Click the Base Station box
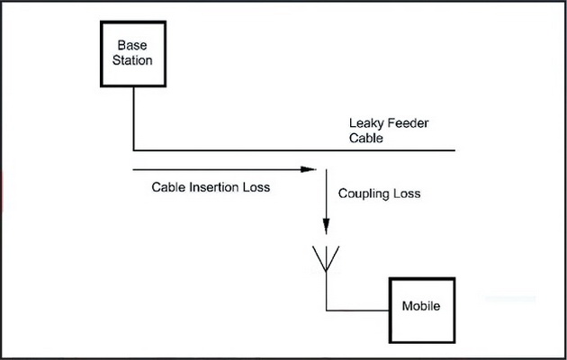[134, 53]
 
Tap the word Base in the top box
[134, 45]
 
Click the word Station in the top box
[134, 61]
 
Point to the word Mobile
[421, 307]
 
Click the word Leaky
[367, 123]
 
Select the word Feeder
[409, 123]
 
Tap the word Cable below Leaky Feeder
[366, 139]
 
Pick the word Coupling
[365, 193]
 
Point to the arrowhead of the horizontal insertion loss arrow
[312, 168]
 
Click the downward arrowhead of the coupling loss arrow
[326, 229]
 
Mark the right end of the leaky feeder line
[455, 149]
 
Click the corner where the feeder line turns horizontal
[133, 149]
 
